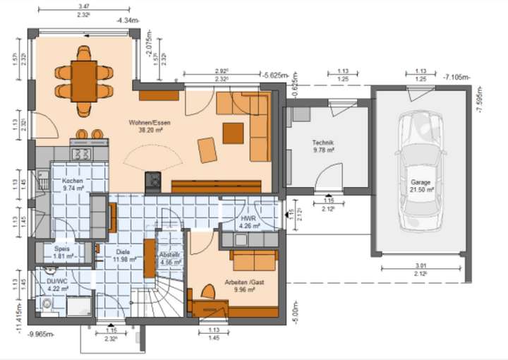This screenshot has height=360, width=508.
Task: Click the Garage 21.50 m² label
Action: [x=421, y=186]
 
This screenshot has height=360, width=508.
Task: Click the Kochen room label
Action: [x=73, y=185]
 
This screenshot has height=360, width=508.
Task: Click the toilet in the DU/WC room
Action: [x=47, y=304]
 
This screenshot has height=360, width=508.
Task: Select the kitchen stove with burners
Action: [x=78, y=152]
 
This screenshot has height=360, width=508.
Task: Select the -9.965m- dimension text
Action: [x=44, y=335]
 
